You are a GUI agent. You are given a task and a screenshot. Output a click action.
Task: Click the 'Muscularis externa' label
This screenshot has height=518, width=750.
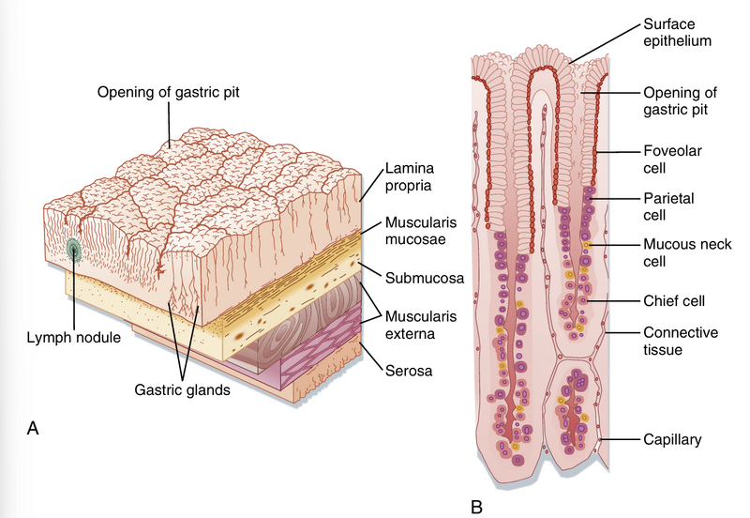click(419, 322)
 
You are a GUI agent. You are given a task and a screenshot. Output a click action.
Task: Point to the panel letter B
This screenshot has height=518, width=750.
click(476, 508)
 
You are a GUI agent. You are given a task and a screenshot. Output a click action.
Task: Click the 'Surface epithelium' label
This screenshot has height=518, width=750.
click(677, 32)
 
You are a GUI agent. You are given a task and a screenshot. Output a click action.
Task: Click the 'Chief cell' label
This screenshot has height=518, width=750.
click(673, 300)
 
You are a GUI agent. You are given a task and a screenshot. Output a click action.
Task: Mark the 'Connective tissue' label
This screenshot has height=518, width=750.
click(680, 341)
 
